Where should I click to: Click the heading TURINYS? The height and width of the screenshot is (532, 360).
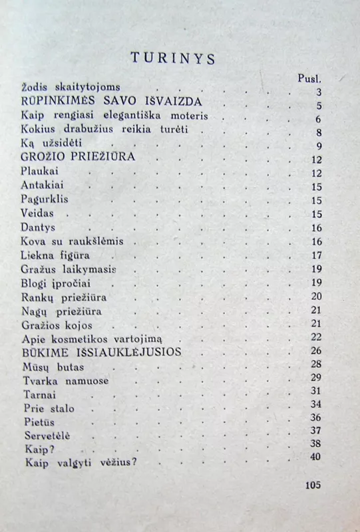click(172, 59)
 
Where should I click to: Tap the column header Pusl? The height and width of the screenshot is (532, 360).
click(309, 78)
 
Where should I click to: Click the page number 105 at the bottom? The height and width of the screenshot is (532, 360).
click(312, 485)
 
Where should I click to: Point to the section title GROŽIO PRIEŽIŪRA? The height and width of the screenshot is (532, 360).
click(79, 158)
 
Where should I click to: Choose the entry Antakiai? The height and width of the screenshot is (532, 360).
click(43, 186)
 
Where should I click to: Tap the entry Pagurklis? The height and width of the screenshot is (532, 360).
click(45, 199)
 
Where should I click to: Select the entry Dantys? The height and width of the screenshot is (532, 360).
click(40, 227)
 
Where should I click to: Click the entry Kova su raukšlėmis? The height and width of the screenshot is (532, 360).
click(73, 241)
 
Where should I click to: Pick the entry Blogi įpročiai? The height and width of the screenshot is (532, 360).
click(57, 282)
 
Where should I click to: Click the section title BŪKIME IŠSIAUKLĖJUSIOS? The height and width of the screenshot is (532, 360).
click(101, 350)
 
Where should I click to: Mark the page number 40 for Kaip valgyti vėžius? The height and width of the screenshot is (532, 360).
click(315, 456)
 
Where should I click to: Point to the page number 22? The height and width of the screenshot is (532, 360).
click(316, 336)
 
